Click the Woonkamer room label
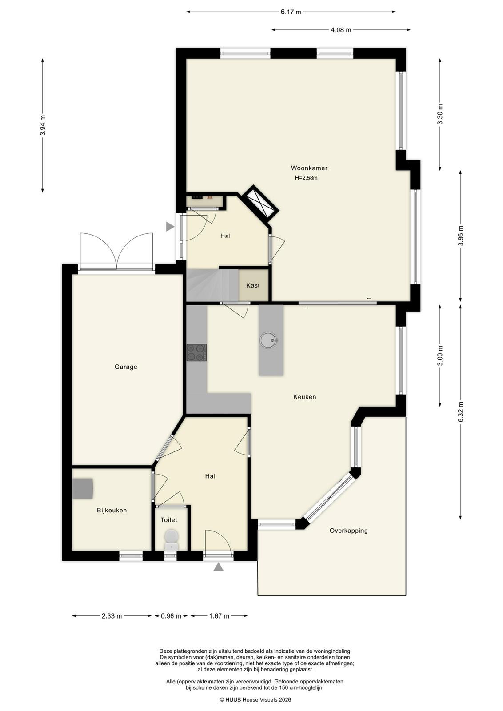309,168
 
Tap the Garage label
126,367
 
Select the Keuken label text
304,397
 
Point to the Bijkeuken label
112,511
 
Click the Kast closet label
252,285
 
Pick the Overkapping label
348,531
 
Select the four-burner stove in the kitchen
196,352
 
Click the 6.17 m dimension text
291,12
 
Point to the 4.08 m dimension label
341,30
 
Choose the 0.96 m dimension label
171,616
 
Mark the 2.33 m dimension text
112,616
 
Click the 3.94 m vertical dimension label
43,125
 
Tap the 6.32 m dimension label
460,411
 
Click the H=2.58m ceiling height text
306,178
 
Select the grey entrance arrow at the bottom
218,567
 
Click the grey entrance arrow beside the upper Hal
171,227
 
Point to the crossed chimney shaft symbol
260,203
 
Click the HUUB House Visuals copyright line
255,699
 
